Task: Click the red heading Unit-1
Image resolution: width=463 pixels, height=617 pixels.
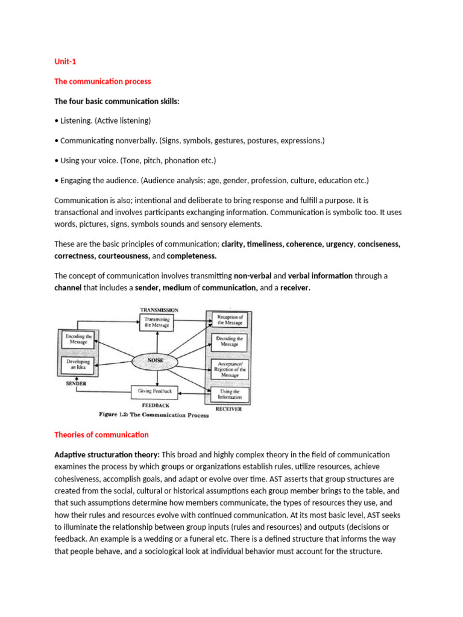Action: (65, 61)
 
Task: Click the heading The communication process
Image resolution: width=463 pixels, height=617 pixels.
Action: (102, 81)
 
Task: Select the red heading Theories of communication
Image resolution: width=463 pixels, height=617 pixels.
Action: (101, 434)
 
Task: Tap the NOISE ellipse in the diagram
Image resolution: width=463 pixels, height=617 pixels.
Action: (156, 360)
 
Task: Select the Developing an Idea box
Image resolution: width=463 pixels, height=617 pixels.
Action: (78, 365)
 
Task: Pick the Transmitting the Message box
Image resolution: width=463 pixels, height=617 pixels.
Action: (156, 322)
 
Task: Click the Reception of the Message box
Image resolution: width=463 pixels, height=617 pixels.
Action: (229, 320)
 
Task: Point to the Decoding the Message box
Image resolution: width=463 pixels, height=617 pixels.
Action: (229, 342)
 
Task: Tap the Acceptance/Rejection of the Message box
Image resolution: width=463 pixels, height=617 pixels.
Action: (229, 368)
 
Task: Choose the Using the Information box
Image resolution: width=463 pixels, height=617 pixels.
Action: (229, 395)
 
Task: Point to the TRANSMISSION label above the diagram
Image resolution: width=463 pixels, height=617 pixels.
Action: (159, 310)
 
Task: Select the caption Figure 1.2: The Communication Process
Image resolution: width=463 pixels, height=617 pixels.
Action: (154, 415)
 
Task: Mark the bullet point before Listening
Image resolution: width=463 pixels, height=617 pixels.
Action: (57, 121)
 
